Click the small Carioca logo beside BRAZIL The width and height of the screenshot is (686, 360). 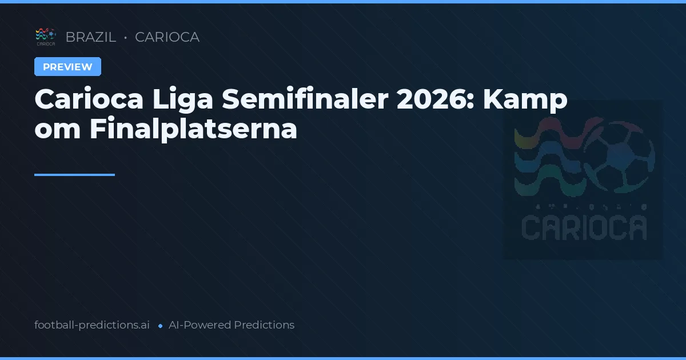[x=46, y=37]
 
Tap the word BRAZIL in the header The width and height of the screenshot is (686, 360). [x=91, y=37]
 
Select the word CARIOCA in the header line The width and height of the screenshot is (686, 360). [x=167, y=37]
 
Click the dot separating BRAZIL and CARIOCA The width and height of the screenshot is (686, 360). [x=125, y=38]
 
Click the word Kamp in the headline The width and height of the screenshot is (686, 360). [x=525, y=101]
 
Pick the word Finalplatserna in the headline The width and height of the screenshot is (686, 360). [x=193, y=130]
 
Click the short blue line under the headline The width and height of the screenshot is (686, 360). [x=74, y=175]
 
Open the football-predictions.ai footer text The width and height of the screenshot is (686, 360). [x=92, y=325]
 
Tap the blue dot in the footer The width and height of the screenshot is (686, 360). [x=160, y=326]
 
